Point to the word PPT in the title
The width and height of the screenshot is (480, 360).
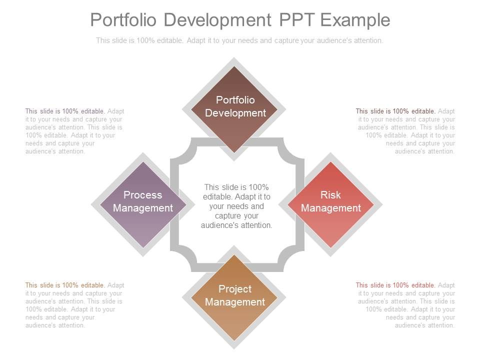click(297, 20)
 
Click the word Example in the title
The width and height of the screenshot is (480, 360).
click(355, 20)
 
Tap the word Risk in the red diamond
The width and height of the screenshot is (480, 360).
click(330, 195)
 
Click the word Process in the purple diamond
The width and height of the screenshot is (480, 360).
click(143, 195)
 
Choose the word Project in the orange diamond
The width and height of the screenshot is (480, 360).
click(235, 289)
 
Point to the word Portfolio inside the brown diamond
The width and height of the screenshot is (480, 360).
click(235, 100)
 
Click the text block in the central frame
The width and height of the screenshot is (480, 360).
click(236, 206)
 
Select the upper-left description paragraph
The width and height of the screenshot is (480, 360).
click(75, 131)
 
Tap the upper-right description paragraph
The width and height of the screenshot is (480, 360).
click(405, 131)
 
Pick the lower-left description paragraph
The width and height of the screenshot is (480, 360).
click(75, 305)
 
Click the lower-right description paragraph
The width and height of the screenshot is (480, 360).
click(405, 305)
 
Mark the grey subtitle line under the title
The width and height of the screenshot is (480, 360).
click(239, 40)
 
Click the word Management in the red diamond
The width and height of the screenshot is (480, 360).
click(331, 208)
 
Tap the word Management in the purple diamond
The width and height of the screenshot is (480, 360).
click(143, 208)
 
